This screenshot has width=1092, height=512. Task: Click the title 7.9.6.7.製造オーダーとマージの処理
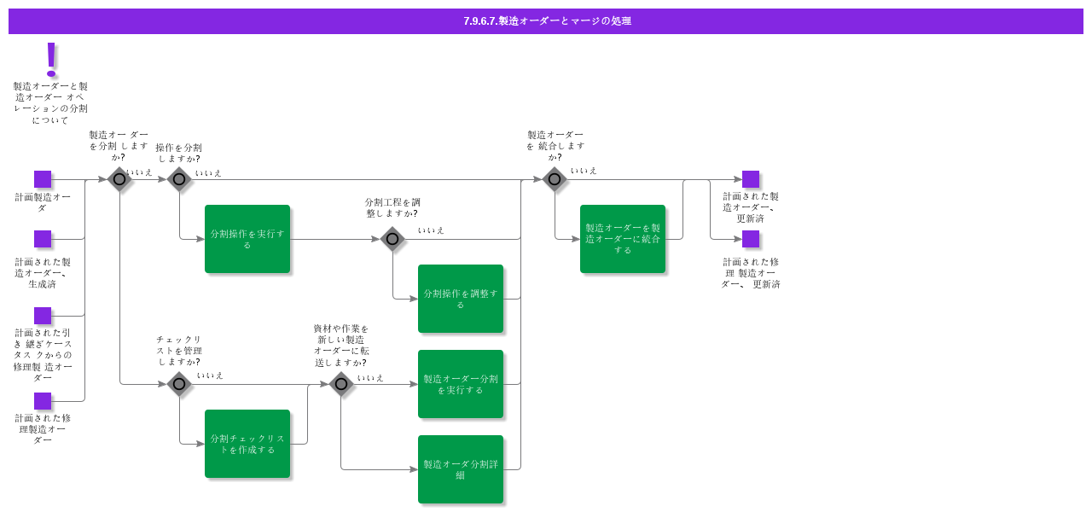[546, 21]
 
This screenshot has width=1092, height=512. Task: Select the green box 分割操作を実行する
[247, 239]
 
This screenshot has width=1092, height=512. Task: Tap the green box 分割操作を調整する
[461, 299]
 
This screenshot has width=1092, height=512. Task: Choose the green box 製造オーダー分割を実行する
[461, 384]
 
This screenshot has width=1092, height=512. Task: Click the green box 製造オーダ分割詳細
[461, 469]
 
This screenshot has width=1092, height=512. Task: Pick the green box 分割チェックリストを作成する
[247, 444]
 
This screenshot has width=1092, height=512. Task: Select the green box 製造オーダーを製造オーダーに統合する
[623, 239]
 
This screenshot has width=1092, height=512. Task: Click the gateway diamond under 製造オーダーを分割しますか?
[119, 179]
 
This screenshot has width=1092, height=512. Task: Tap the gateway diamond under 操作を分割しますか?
[179, 179]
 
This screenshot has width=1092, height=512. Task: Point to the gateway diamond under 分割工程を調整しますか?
[392, 239]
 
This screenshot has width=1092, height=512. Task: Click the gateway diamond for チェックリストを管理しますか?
[179, 384]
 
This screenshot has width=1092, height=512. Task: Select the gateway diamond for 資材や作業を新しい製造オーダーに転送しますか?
[341, 384]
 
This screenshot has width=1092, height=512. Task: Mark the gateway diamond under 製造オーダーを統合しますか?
[555, 179]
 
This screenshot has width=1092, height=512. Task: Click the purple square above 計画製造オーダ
[43, 179]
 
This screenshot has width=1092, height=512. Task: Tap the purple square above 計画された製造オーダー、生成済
[43, 239]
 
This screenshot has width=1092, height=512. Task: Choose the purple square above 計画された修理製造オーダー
[43, 401]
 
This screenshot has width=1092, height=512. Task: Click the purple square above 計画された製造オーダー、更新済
[751, 179]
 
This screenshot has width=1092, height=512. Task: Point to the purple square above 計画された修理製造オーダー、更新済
[751, 239]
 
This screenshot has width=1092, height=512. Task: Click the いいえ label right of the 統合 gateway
[584, 171]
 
